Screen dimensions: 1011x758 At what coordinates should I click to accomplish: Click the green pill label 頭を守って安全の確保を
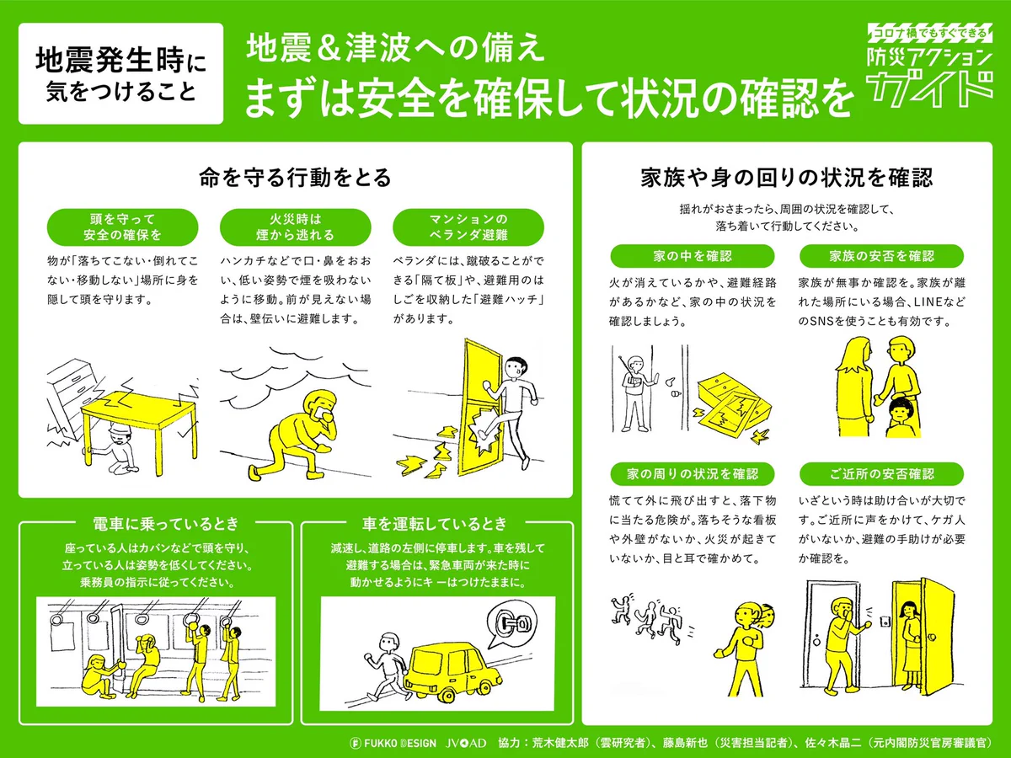click(122, 227)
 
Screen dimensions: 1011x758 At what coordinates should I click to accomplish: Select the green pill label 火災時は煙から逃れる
click(295, 227)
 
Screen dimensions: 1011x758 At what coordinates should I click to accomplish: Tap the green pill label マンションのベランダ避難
click(468, 227)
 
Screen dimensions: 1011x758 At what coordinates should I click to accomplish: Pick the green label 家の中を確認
click(693, 256)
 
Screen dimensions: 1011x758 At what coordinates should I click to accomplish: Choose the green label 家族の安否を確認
click(881, 256)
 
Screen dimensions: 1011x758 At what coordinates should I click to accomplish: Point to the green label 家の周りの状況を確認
click(693, 474)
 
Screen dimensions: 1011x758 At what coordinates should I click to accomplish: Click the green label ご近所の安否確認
click(881, 474)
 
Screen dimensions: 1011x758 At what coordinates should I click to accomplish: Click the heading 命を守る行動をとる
click(295, 178)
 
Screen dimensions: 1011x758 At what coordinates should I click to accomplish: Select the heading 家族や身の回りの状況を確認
click(787, 178)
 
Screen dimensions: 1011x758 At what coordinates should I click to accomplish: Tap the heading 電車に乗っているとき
click(166, 523)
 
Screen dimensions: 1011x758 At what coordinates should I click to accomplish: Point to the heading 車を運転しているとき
click(435, 523)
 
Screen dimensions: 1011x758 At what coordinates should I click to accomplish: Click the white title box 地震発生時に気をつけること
click(120, 73)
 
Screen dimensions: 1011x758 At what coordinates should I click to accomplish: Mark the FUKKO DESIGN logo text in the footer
click(393, 743)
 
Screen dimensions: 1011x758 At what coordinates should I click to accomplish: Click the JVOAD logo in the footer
click(466, 743)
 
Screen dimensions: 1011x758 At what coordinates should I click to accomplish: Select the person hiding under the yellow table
click(113, 449)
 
